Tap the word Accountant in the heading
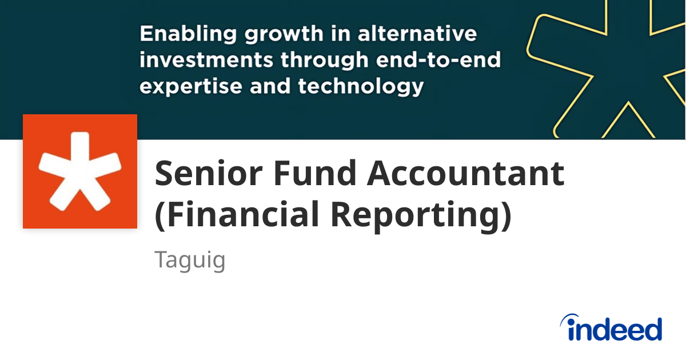pos(466,174)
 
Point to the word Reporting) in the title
pos(420,215)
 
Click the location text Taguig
pos(190,261)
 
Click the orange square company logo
pos(80,171)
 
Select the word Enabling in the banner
pos(184,34)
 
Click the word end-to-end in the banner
pos(434,61)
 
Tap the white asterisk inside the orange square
pos(79,170)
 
